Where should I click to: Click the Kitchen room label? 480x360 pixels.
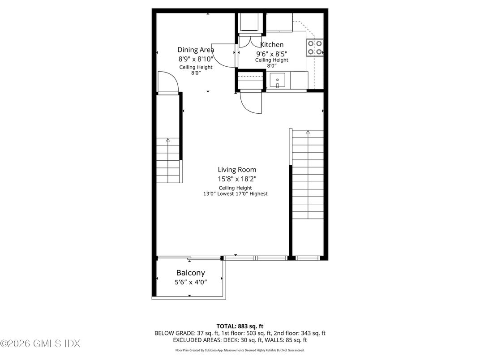point(271,45)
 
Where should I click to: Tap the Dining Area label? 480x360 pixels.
point(196,50)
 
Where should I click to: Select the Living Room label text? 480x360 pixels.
point(237,170)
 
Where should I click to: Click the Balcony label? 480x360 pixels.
point(190,273)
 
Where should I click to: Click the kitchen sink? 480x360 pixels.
point(277,81)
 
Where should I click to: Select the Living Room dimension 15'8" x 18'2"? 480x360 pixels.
point(237,179)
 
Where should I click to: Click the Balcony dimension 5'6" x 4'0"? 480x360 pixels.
point(191,282)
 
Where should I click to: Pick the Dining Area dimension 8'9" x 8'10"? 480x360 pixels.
point(196,59)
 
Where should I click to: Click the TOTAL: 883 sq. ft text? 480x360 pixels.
point(240,326)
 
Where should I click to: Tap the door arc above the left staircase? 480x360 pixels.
point(168,81)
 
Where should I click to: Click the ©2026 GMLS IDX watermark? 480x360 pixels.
point(40,343)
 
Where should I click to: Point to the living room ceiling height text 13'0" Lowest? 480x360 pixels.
point(219,194)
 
